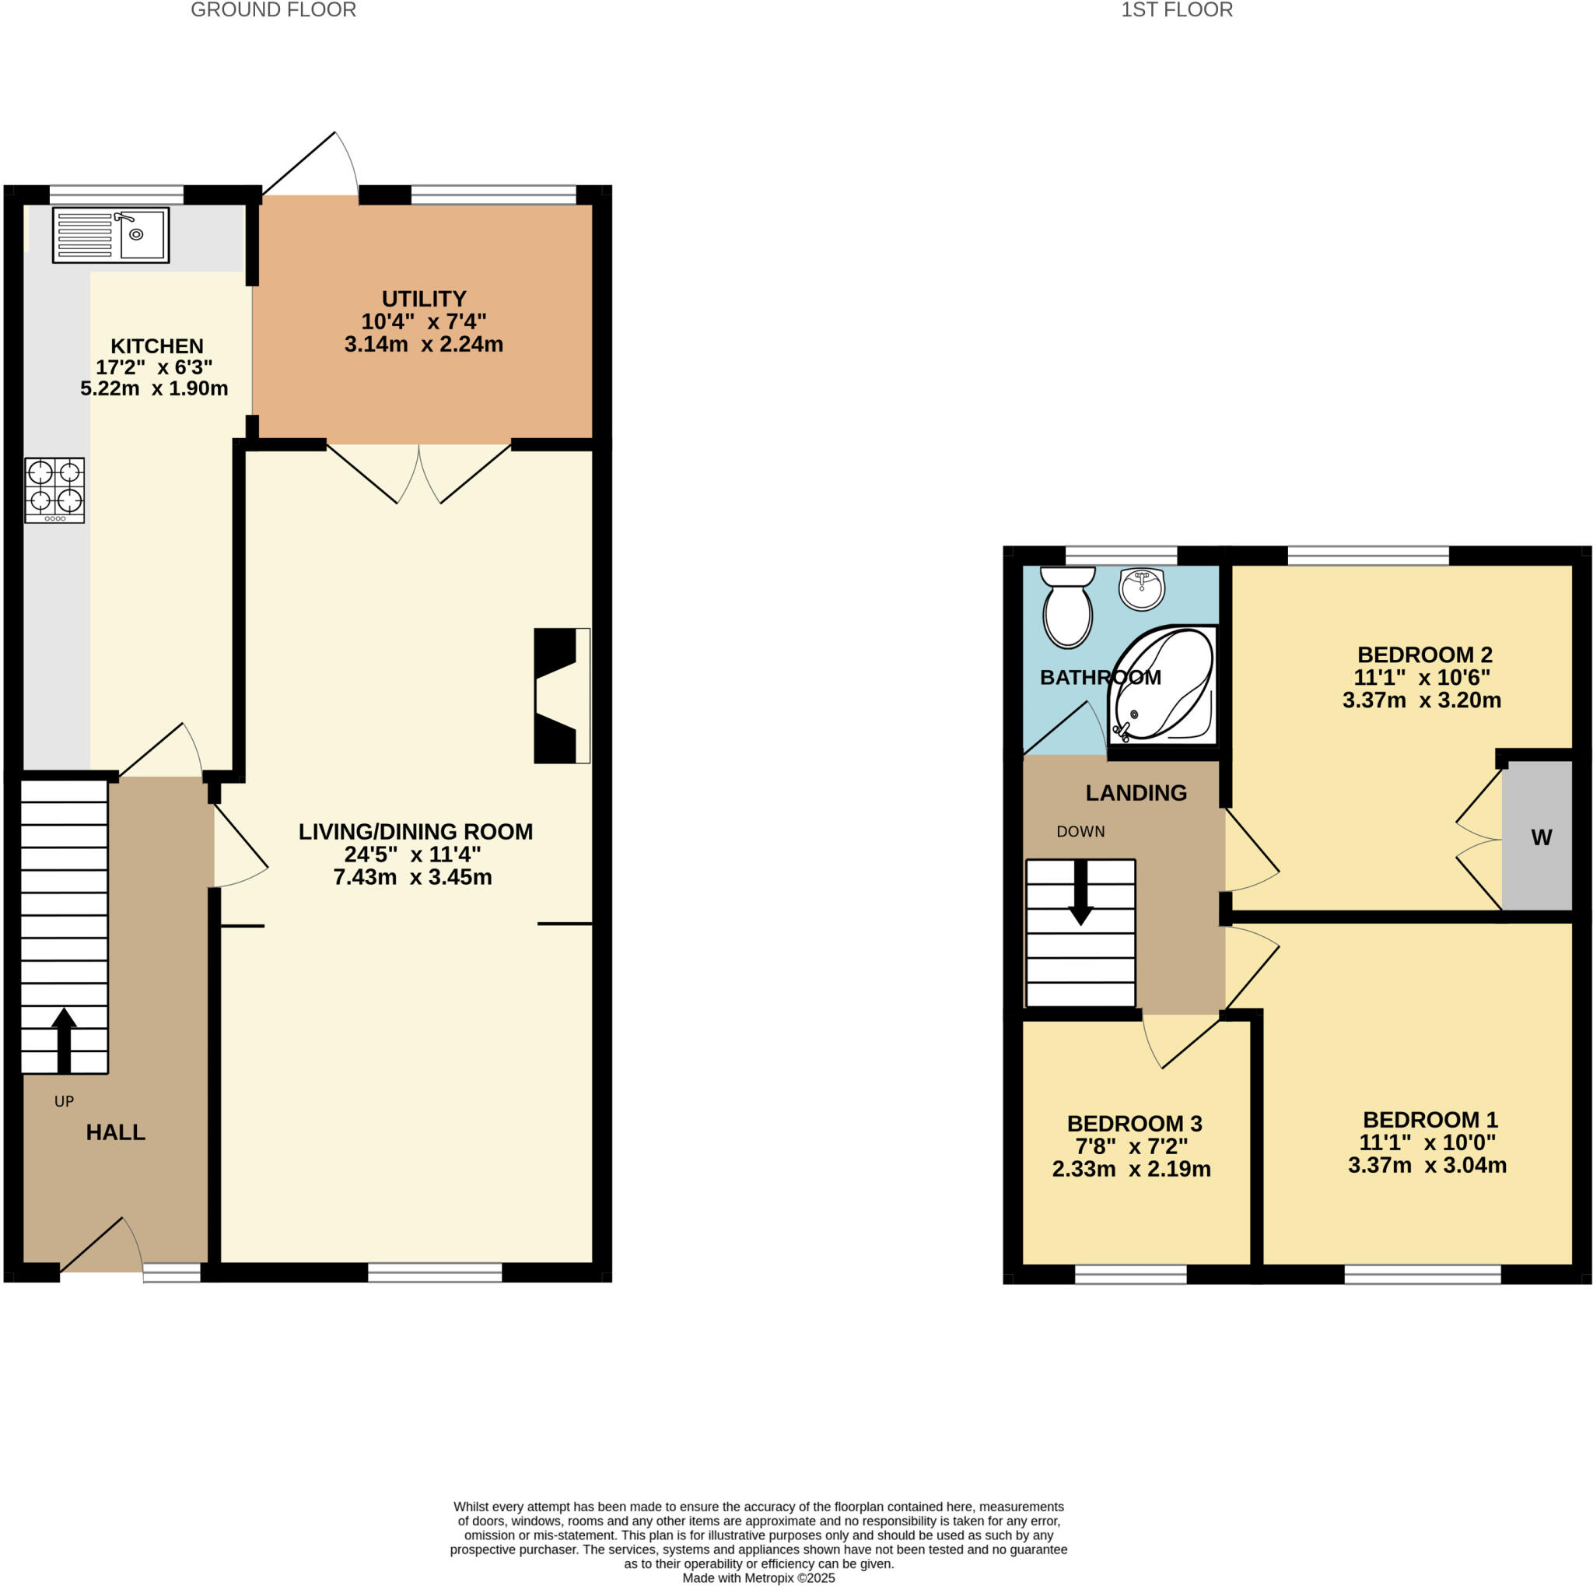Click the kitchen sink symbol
(x=110, y=235)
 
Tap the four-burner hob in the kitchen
(x=54, y=490)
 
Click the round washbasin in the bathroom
(x=1141, y=589)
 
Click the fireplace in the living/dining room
(x=561, y=695)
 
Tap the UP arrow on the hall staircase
(x=64, y=1039)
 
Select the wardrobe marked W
(x=1539, y=837)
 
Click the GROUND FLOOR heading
(x=273, y=10)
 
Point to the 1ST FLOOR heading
(x=1176, y=10)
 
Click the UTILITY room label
(x=424, y=299)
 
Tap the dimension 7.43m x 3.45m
(x=412, y=877)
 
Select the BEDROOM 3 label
(x=1134, y=1123)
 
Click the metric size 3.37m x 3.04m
(x=1427, y=1166)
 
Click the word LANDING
(x=1136, y=792)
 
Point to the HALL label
(x=115, y=1132)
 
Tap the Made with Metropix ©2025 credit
(x=758, y=1577)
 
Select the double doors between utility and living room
(x=419, y=474)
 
